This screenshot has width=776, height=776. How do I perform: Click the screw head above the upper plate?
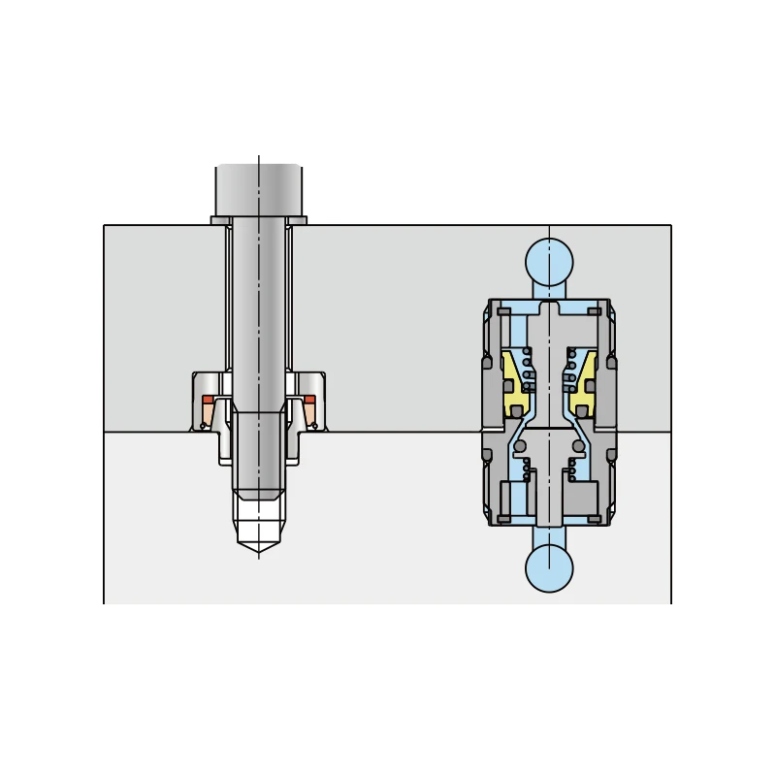pyautogui.click(x=258, y=189)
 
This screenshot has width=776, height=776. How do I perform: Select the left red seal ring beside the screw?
pyautogui.click(x=208, y=400)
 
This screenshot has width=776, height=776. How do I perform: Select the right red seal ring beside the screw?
pyautogui.click(x=309, y=400)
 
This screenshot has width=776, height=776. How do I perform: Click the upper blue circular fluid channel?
pyautogui.click(x=549, y=261)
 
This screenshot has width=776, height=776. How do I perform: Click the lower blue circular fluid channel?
pyautogui.click(x=549, y=568)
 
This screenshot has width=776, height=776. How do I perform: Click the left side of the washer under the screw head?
pyautogui.click(x=220, y=220)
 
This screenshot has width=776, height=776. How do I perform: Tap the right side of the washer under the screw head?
pyautogui.click(x=297, y=220)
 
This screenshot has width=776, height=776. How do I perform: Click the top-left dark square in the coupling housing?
pyautogui.click(x=503, y=311)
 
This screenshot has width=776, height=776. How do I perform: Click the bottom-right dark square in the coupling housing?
pyautogui.click(x=594, y=519)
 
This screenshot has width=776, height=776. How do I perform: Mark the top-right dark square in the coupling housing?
pyautogui.click(x=594, y=311)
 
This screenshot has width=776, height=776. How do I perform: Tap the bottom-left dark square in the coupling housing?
pyautogui.click(x=503, y=519)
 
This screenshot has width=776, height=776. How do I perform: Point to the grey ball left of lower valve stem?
pyautogui.click(x=520, y=446)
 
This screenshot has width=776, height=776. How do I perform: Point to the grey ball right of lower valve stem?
pyautogui.click(x=579, y=446)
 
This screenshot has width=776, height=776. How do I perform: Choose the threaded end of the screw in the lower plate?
pyautogui.click(x=258, y=456)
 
